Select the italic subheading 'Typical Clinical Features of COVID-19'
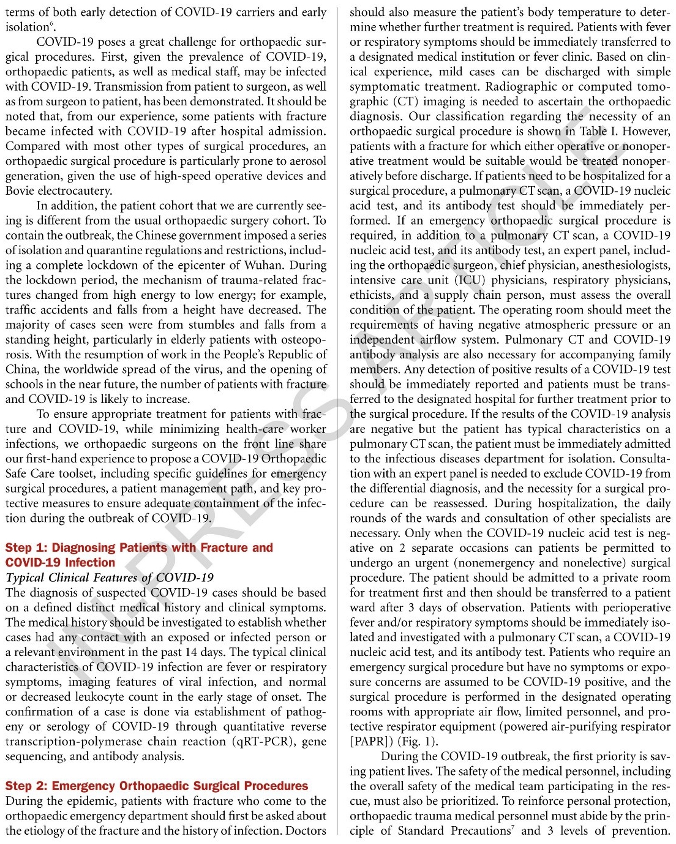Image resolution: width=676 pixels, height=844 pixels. [110, 578]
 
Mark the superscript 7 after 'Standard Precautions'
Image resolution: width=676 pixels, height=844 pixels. [513, 827]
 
